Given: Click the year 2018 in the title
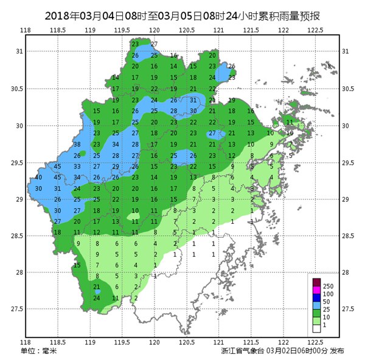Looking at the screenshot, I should click(59, 14).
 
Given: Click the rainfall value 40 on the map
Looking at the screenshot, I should click(38, 177).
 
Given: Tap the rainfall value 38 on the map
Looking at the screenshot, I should click(77, 144).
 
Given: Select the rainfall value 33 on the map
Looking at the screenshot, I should click(77, 166).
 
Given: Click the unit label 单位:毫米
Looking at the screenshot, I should click(38, 352).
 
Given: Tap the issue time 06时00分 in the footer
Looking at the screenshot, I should click(308, 352).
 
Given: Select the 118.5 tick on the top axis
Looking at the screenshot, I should click(58, 29).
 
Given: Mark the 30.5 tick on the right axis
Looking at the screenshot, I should click(347, 89).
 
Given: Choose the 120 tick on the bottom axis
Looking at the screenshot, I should click(155, 342).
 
